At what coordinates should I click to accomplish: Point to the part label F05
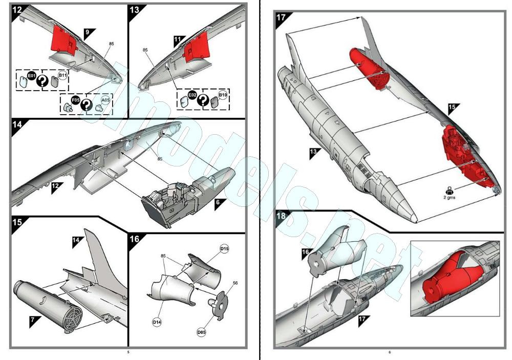coord(75,100)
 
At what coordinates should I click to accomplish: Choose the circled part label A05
coord(105,100)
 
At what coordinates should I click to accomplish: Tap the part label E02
coord(192,95)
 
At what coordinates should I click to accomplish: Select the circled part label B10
coord(223,95)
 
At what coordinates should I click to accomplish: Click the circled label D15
coord(224,249)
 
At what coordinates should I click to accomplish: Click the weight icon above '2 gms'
coord(449,189)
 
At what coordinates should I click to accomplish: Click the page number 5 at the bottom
coord(128,352)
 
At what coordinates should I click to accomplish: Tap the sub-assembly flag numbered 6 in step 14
coord(218,202)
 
